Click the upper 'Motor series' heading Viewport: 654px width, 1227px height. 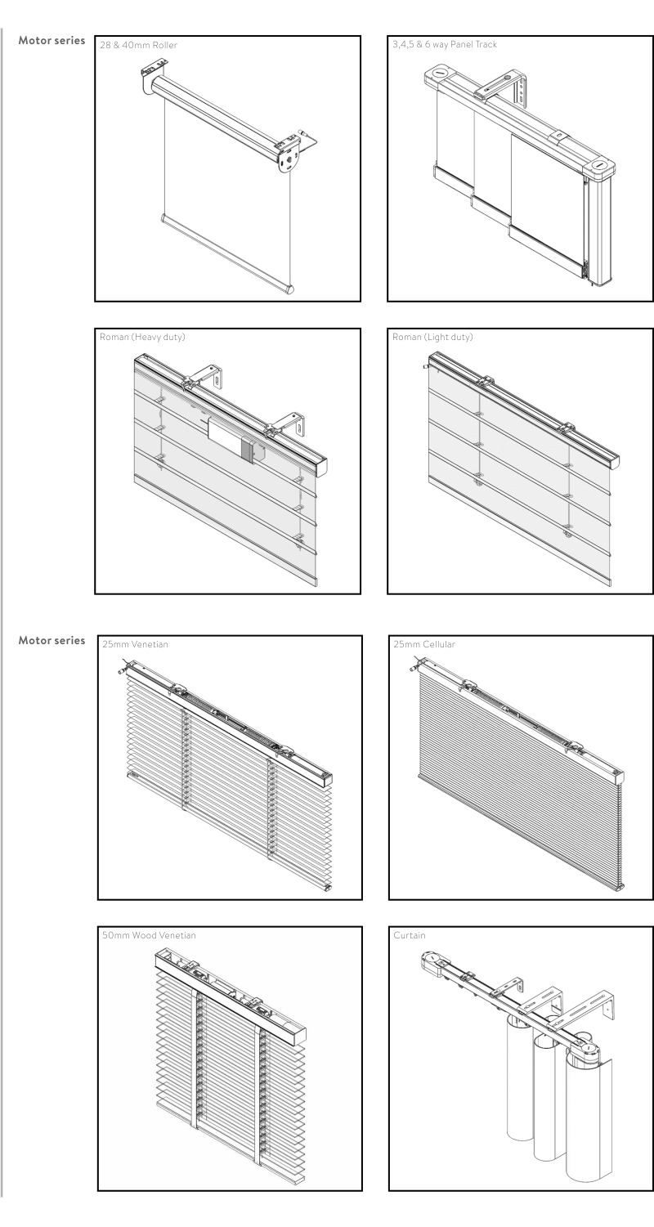(52, 40)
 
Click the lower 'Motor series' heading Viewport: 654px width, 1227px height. (52, 640)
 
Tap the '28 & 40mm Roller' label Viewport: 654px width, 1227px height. (138, 45)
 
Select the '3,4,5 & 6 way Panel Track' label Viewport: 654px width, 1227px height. (445, 44)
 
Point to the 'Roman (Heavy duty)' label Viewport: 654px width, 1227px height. (142, 337)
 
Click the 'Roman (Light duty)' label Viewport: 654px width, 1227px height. (432, 337)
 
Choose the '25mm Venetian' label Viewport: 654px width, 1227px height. (135, 644)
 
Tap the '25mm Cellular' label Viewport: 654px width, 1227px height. (424, 644)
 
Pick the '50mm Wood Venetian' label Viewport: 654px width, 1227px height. (149, 935)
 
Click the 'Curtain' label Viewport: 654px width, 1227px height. (410, 935)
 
